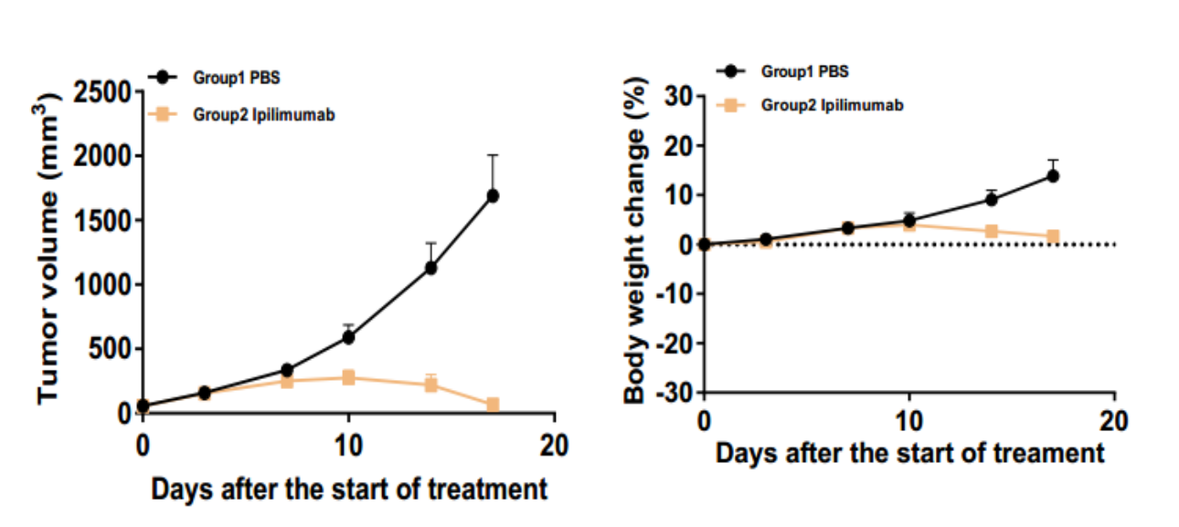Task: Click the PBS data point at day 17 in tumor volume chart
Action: tap(493, 195)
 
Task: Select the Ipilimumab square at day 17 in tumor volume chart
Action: tap(493, 405)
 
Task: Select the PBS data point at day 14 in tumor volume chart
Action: tap(430, 268)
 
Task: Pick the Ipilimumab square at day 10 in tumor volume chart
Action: tap(348, 377)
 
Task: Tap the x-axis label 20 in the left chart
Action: tap(554, 447)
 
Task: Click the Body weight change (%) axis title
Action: tap(635, 242)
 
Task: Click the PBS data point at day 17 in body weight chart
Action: tap(1053, 175)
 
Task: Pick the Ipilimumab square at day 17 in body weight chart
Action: tap(1053, 237)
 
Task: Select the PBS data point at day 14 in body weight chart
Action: tap(991, 199)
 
